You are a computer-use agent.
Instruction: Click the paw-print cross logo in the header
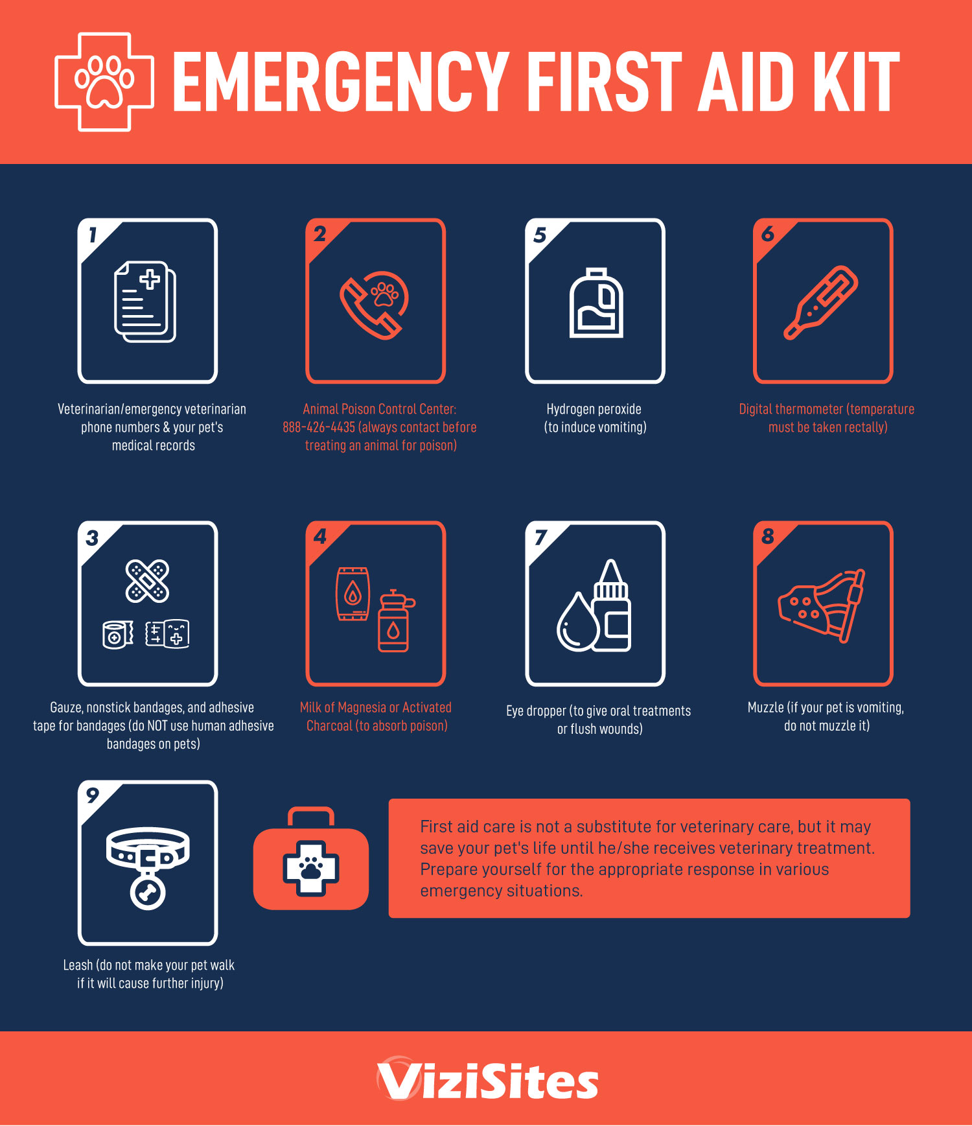[104, 82]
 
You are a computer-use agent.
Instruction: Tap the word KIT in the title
[857, 82]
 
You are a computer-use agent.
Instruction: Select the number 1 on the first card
[93, 235]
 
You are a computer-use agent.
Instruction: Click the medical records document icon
[146, 301]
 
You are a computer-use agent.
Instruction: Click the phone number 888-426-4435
[319, 427]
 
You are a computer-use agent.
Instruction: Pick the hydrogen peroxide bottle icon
[596, 303]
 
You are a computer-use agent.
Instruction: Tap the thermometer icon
[821, 302]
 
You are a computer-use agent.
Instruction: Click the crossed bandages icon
[147, 581]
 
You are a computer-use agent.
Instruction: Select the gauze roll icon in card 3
[117, 635]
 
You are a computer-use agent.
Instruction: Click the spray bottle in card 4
[395, 621]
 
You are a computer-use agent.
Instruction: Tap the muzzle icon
[822, 605]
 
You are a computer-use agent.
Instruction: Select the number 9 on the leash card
[93, 795]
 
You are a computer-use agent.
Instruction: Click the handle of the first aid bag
[311, 817]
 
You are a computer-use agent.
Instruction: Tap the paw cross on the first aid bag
[311, 869]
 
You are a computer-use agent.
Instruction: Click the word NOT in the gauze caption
[159, 725]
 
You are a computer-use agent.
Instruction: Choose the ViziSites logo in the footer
[487, 1079]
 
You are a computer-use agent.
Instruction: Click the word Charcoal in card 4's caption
[329, 725]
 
